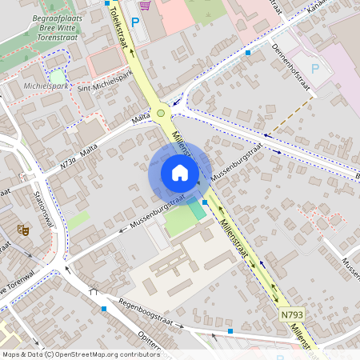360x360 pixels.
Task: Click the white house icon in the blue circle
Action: (x=180, y=173)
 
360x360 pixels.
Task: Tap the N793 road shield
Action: (x=293, y=317)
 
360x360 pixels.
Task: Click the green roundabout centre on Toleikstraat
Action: (x=162, y=113)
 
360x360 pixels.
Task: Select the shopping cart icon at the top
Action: (x=144, y=4)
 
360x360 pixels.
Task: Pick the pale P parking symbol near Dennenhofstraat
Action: (x=315, y=69)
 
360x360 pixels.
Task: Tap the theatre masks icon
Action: (x=23, y=230)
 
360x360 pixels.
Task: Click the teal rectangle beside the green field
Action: (x=196, y=211)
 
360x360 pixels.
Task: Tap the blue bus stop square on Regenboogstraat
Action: (x=103, y=308)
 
